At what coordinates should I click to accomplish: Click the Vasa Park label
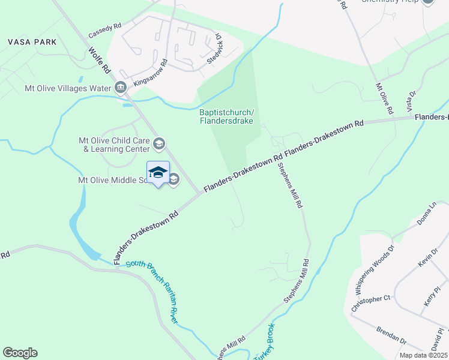(32, 42)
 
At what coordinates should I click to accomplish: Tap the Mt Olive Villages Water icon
(121, 88)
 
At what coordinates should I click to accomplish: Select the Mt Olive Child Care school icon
(159, 143)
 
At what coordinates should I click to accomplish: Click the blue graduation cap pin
(158, 173)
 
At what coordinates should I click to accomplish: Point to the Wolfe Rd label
(100, 60)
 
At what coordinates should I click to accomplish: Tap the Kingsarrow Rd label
(149, 71)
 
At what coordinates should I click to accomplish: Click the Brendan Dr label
(391, 334)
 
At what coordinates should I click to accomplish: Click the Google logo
(20, 353)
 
